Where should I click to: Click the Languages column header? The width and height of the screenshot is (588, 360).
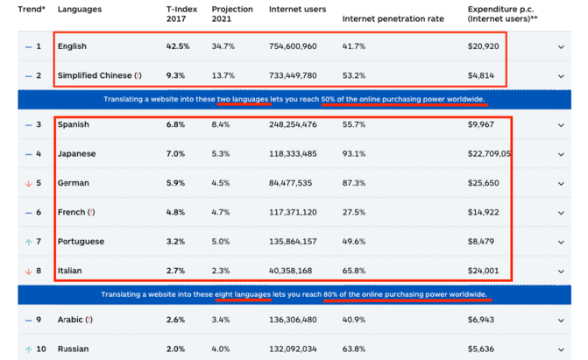80,10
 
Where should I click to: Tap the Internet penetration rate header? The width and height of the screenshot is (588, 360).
393,18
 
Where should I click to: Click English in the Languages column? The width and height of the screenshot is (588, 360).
72,46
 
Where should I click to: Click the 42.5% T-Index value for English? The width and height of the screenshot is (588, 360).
178,46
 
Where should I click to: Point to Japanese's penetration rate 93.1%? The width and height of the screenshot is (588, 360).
354,154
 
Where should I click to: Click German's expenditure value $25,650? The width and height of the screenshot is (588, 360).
484,183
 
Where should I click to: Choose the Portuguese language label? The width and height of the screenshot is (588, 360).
81,242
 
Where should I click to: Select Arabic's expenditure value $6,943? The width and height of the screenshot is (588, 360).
481,320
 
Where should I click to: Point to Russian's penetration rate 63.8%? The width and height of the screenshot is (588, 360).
354,349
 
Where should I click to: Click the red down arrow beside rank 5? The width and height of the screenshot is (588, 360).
28,183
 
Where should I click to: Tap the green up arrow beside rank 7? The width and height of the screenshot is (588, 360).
28,242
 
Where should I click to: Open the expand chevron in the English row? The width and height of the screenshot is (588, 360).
562,47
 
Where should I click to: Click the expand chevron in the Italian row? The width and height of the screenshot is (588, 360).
562,272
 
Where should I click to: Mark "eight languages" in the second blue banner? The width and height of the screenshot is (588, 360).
245,295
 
